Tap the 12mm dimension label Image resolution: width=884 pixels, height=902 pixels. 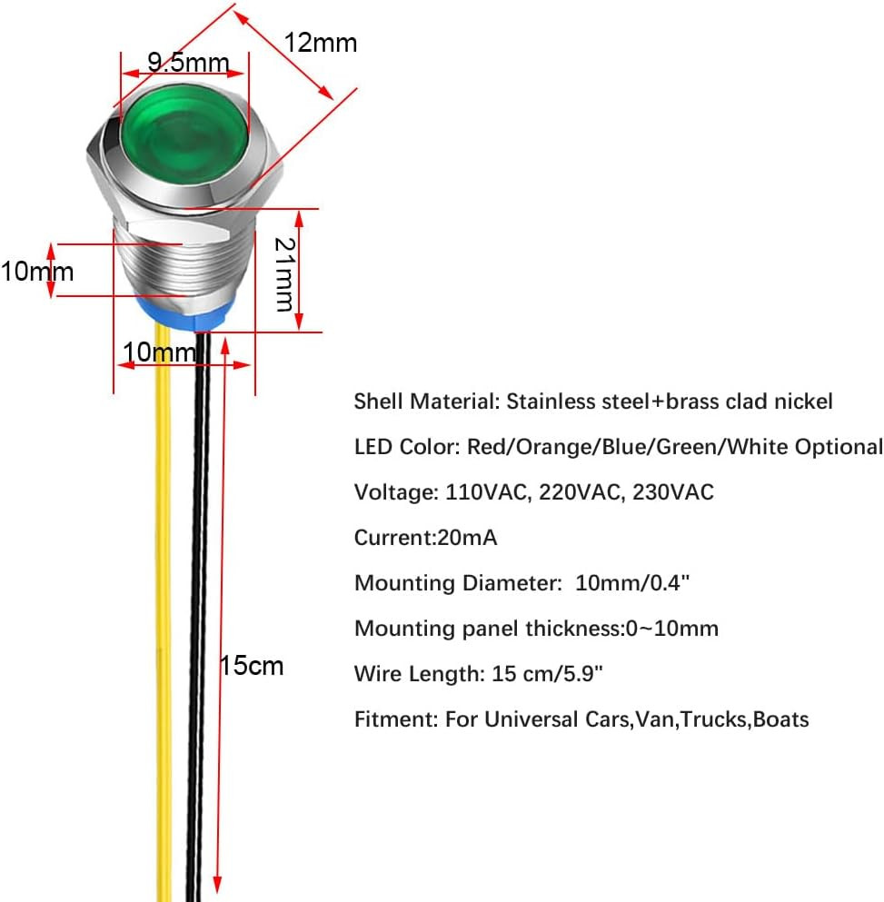321,43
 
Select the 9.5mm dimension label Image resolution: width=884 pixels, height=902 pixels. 188,62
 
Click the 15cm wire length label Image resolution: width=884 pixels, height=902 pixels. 252,666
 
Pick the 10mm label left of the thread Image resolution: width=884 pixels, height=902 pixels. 37,272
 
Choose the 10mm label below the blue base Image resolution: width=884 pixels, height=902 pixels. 159,352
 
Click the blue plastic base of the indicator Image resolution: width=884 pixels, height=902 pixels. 185,313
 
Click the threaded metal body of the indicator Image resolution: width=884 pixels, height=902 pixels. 184,262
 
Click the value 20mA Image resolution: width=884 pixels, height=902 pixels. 467,537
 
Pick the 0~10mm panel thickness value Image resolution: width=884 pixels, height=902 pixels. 671,629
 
